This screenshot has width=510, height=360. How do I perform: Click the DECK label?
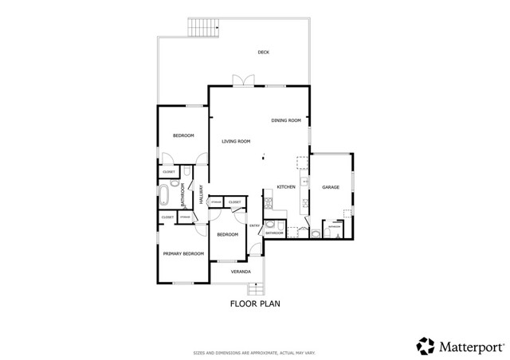[263, 53]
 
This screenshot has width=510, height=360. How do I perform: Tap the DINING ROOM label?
[285, 120]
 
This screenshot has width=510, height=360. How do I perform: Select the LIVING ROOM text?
[236, 141]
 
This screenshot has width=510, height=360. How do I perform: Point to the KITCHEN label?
[286, 187]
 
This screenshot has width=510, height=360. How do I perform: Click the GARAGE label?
[331, 187]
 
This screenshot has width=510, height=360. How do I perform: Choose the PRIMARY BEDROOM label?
[183, 253]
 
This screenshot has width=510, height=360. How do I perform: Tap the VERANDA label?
[241, 272]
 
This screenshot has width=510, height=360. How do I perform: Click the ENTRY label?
[255, 225]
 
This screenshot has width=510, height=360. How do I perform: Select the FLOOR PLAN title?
[255, 303]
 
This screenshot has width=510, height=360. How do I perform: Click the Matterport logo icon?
[426, 346]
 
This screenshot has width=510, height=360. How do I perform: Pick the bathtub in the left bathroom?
[165, 194]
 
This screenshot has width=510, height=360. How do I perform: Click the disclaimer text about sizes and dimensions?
[255, 352]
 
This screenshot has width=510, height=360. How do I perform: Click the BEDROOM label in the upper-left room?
[183, 135]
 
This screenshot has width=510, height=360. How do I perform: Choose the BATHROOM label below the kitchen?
[274, 233]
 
